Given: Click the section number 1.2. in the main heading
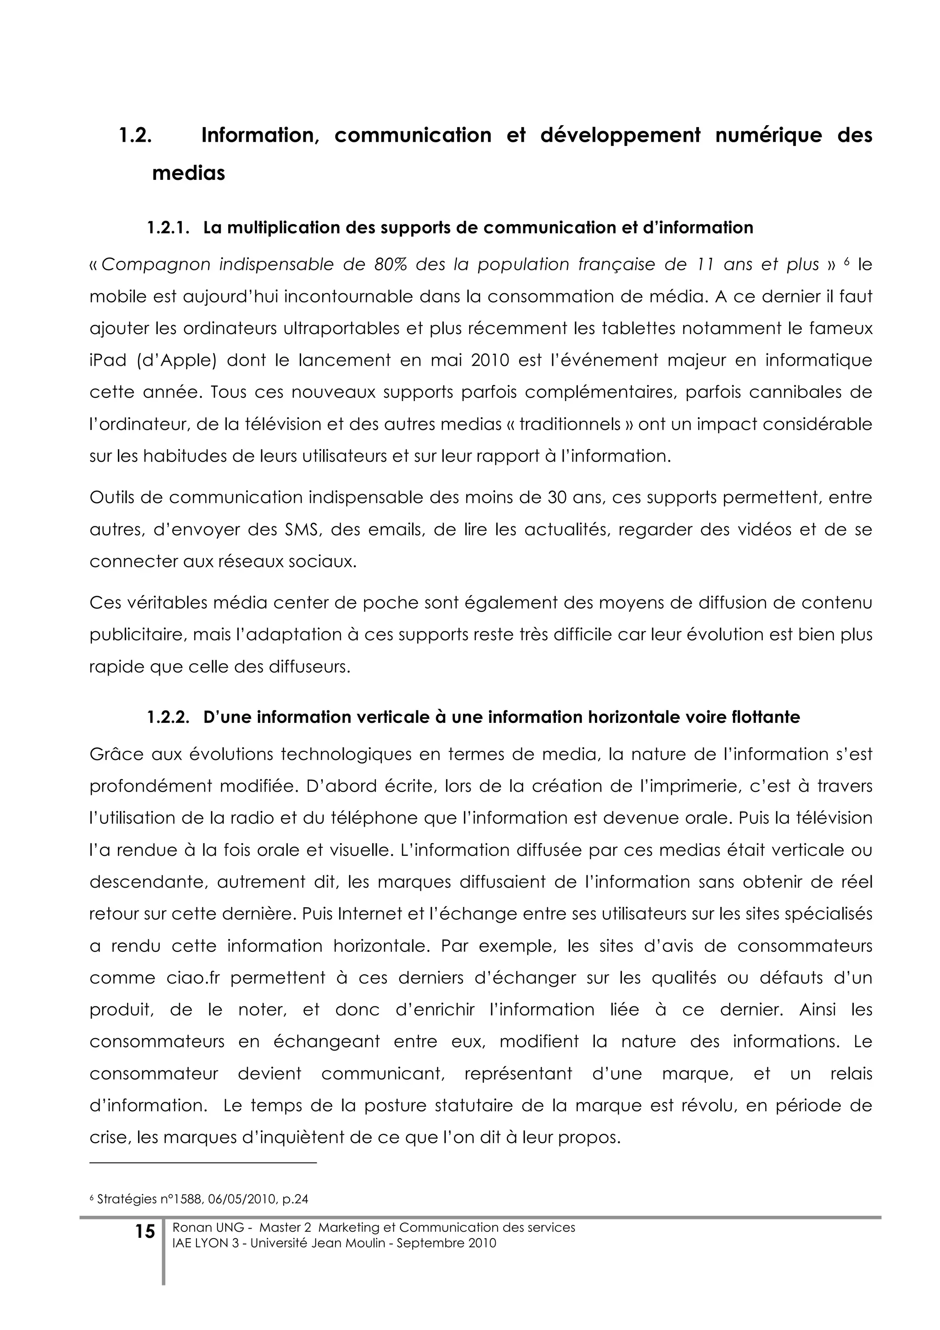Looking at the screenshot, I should click(x=135, y=135).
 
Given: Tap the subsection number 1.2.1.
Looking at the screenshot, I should click(x=168, y=228).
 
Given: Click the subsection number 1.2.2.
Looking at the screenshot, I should click(x=168, y=718).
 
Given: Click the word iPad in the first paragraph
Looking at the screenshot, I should click(x=108, y=360).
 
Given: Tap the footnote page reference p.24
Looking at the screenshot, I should click(x=294, y=1199).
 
